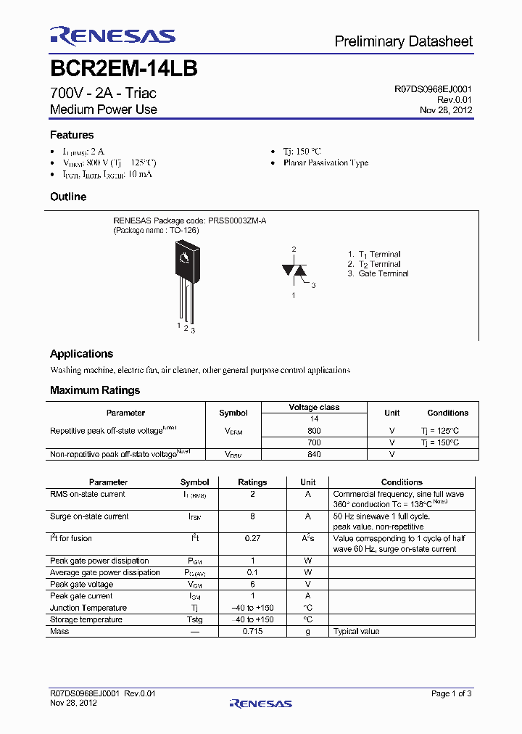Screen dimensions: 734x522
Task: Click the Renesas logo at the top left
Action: click(112, 36)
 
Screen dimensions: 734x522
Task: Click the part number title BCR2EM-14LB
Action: click(123, 69)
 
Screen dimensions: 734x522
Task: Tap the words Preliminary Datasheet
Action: click(403, 41)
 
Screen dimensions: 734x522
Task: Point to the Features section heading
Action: click(72, 135)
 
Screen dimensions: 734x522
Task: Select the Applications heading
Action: click(81, 354)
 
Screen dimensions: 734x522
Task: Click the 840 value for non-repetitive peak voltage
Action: click(314, 454)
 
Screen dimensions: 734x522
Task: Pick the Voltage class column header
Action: click(314, 408)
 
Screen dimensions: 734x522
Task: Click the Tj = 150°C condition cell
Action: click(439, 442)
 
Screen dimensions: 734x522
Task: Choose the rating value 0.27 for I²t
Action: click(252, 539)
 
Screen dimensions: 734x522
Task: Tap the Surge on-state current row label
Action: click(89, 516)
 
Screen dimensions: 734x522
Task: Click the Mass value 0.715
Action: click(252, 631)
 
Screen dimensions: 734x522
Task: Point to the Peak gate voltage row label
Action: click(81, 585)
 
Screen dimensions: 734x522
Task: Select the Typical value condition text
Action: click(356, 632)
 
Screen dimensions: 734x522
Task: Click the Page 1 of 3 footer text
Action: click(451, 694)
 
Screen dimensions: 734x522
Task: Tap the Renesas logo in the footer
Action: click(260, 703)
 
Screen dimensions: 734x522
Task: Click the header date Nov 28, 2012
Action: click(446, 110)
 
